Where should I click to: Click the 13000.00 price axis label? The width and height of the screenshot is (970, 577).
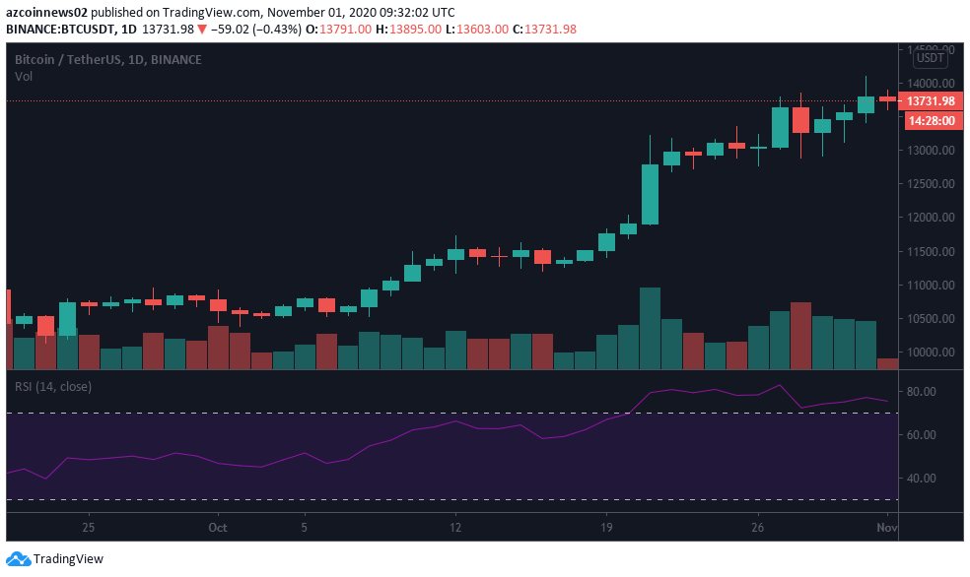tap(931, 151)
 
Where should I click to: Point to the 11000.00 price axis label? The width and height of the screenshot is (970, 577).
tap(931, 286)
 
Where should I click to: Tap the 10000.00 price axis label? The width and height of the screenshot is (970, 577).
tap(931, 353)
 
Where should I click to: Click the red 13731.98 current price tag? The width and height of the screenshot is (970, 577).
tap(931, 100)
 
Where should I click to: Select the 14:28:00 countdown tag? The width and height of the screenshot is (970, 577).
tap(931, 120)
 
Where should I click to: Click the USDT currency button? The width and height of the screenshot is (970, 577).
tap(931, 58)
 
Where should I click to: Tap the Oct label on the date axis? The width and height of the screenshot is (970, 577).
tap(218, 528)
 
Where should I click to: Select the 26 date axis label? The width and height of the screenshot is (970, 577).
tap(757, 528)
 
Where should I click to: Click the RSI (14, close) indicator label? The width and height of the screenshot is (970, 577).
tap(53, 387)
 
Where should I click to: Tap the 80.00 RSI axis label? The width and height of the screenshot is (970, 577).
tap(929, 392)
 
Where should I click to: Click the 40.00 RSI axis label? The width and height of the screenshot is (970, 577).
tap(929, 479)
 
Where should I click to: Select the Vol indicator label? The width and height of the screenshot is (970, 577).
tap(25, 76)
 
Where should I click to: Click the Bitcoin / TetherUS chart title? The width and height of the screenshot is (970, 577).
tap(108, 60)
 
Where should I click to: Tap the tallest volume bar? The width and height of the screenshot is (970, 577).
tap(650, 328)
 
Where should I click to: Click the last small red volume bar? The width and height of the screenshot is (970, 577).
tap(887, 363)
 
